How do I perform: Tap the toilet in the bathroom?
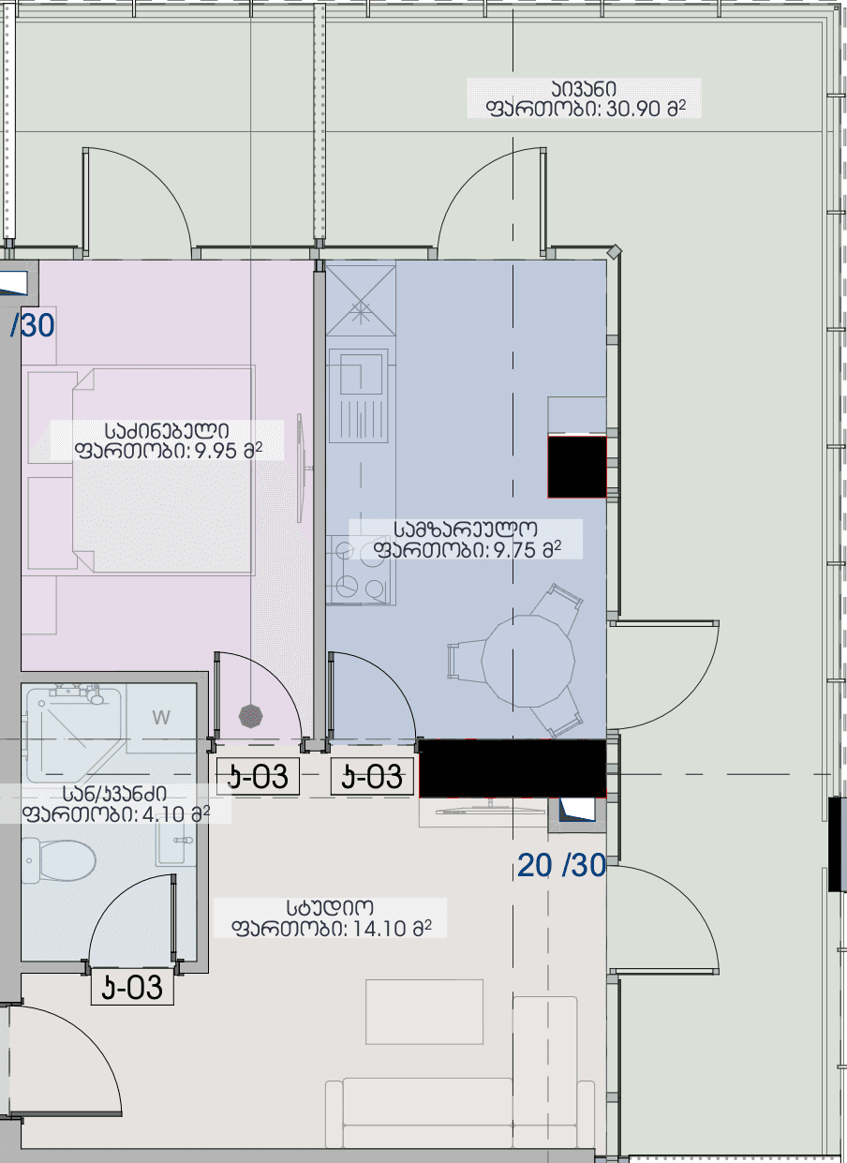(x=59, y=860)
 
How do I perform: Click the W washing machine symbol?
(x=161, y=718)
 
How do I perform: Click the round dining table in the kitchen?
(x=528, y=661)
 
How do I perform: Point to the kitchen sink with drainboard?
(x=359, y=395)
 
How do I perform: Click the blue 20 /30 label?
(x=561, y=865)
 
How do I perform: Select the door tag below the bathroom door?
(x=132, y=987)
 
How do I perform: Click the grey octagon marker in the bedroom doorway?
(x=251, y=716)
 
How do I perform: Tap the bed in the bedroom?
(x=163, y=470)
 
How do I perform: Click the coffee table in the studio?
(x=424, y=1012)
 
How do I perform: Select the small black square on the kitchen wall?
(x=577, y=467)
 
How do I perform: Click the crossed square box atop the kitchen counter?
(x=361, y=301)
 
